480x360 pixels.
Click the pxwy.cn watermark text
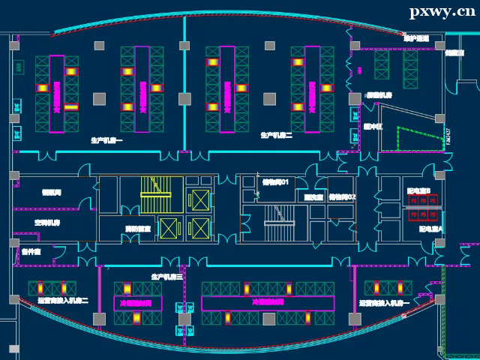tap(442, 11)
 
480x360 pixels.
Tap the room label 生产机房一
tap(107, 140)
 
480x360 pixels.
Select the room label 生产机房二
tap(277, 135)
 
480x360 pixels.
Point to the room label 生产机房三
tap(167, 277)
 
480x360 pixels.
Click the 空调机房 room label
tap(46, 223)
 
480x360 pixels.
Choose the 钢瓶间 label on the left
tap(52, 193)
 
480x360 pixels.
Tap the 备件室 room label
tap(31, 251)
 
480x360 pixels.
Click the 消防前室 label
tap(137, 228)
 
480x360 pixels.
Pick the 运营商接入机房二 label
tap(63, 301)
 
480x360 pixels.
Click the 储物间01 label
tap(275, 182)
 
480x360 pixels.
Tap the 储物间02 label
tap(342, 196)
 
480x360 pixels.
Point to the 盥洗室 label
tap(313, 197)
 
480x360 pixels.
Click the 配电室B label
tap(418, 191)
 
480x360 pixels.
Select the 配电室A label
tap(430, 229)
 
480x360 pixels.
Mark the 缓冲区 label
tap(373, 127)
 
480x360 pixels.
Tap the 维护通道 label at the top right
tap(416, 37)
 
